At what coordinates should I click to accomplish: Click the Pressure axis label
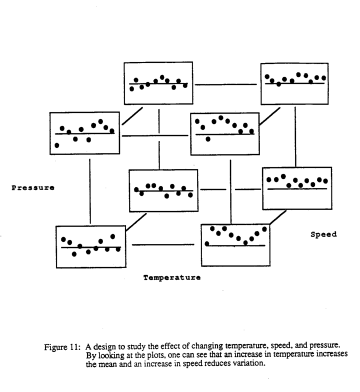pos(33,188)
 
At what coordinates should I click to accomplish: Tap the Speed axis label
pos(323,234)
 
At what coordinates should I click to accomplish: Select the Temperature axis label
pos(172,277)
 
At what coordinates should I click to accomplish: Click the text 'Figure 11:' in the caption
pos(62,347)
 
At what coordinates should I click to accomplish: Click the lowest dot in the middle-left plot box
pos(57,145)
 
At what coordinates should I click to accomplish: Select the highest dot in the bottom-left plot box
pos(113,236)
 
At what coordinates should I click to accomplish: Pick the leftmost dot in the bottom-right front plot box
pos(207,244)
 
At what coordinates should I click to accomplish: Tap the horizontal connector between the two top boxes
pos(226,84)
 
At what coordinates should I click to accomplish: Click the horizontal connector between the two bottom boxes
pos(163,244)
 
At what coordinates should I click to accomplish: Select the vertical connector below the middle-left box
pos(90,191)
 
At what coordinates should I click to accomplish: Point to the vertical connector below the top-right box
pos(295,137)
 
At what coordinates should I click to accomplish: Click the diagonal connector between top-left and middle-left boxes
pos(132,116)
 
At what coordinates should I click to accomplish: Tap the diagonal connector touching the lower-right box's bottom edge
pos(278,217)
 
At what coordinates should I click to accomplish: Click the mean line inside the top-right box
pos(295,83)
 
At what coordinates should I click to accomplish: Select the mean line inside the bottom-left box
pos(91,247)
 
